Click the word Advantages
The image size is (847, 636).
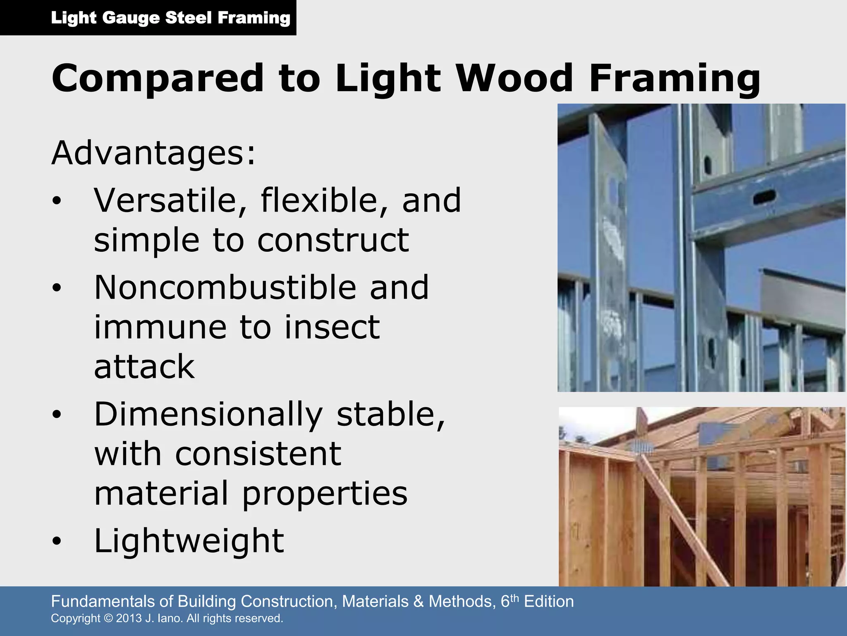pyautogui.click(x=153, y=154)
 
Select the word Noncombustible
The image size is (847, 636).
pyautogui.click(x=225, y=287)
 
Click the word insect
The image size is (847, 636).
pyautogui.click(x=332, y=327)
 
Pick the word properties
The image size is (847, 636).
pyautogui.click(x=325, y=494)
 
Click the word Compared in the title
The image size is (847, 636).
pyautogui.click(x=158, y=79)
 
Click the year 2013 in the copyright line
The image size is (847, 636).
pyautogui.click(x=129, y=618)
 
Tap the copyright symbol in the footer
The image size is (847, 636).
pyautogui.click(x=108, y=618)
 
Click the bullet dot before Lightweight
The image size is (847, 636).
pyautogui.click(x=57, y=541)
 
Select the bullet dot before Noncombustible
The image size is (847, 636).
pyautogui.click(x=57, y=288)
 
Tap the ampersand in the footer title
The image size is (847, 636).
pyautogui.click(x=419, y=601)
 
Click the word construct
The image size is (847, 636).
pyautogui.click(x=333, y=240)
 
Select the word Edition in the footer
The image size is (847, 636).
pyautogui.click(x=549, y=601)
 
